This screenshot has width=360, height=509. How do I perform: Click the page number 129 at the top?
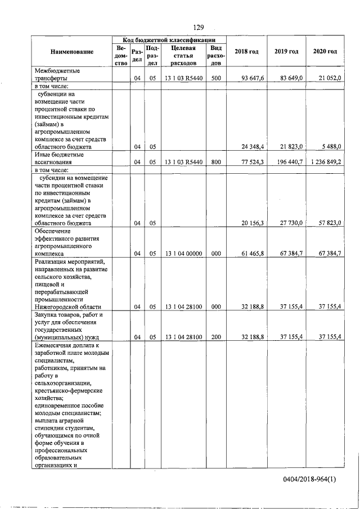[x=198, y=27]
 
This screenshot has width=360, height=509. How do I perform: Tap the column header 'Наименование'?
[x=71, y=52]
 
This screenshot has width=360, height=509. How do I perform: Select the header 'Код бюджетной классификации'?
[x=169, y=40]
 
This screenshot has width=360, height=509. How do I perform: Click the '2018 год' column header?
[x=246, y=52]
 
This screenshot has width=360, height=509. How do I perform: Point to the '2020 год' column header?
[x=325, y=52]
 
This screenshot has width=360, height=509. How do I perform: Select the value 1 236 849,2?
[x=325, y=161]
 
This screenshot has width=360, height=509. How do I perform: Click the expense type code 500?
[x=215, y=79]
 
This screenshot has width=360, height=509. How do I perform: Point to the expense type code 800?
[x=215, y=161]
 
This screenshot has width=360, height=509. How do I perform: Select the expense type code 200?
[x=215, y=336]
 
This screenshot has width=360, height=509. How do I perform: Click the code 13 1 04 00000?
[x=179, y=254]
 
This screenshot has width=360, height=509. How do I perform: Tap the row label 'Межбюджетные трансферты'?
[x=58, y=75]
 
